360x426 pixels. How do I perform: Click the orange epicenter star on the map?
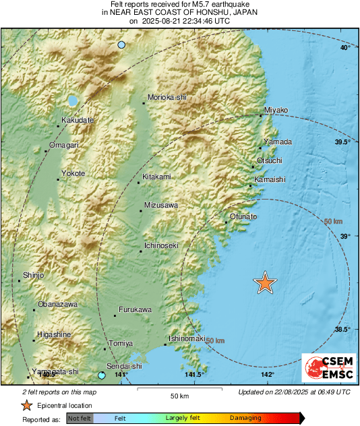(266, 283)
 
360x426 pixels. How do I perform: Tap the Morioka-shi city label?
(167, 98)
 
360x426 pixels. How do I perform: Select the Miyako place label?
(276, 110)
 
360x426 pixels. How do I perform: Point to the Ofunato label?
(243, 216)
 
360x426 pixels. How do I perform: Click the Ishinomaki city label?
(186, 338)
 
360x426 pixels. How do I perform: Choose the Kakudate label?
(77, 120)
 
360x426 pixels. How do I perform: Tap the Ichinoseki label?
(162, 245)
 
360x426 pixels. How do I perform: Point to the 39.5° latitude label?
(343, 142)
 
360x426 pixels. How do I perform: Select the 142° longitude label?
(267, 375)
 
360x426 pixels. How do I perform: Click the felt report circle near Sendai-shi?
(102, 375)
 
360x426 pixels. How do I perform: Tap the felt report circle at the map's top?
(121, 44)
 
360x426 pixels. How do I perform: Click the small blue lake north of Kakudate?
(72, 101)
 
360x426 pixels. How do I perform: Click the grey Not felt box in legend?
(79, 418)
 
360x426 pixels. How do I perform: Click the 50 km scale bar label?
(179, 395)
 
